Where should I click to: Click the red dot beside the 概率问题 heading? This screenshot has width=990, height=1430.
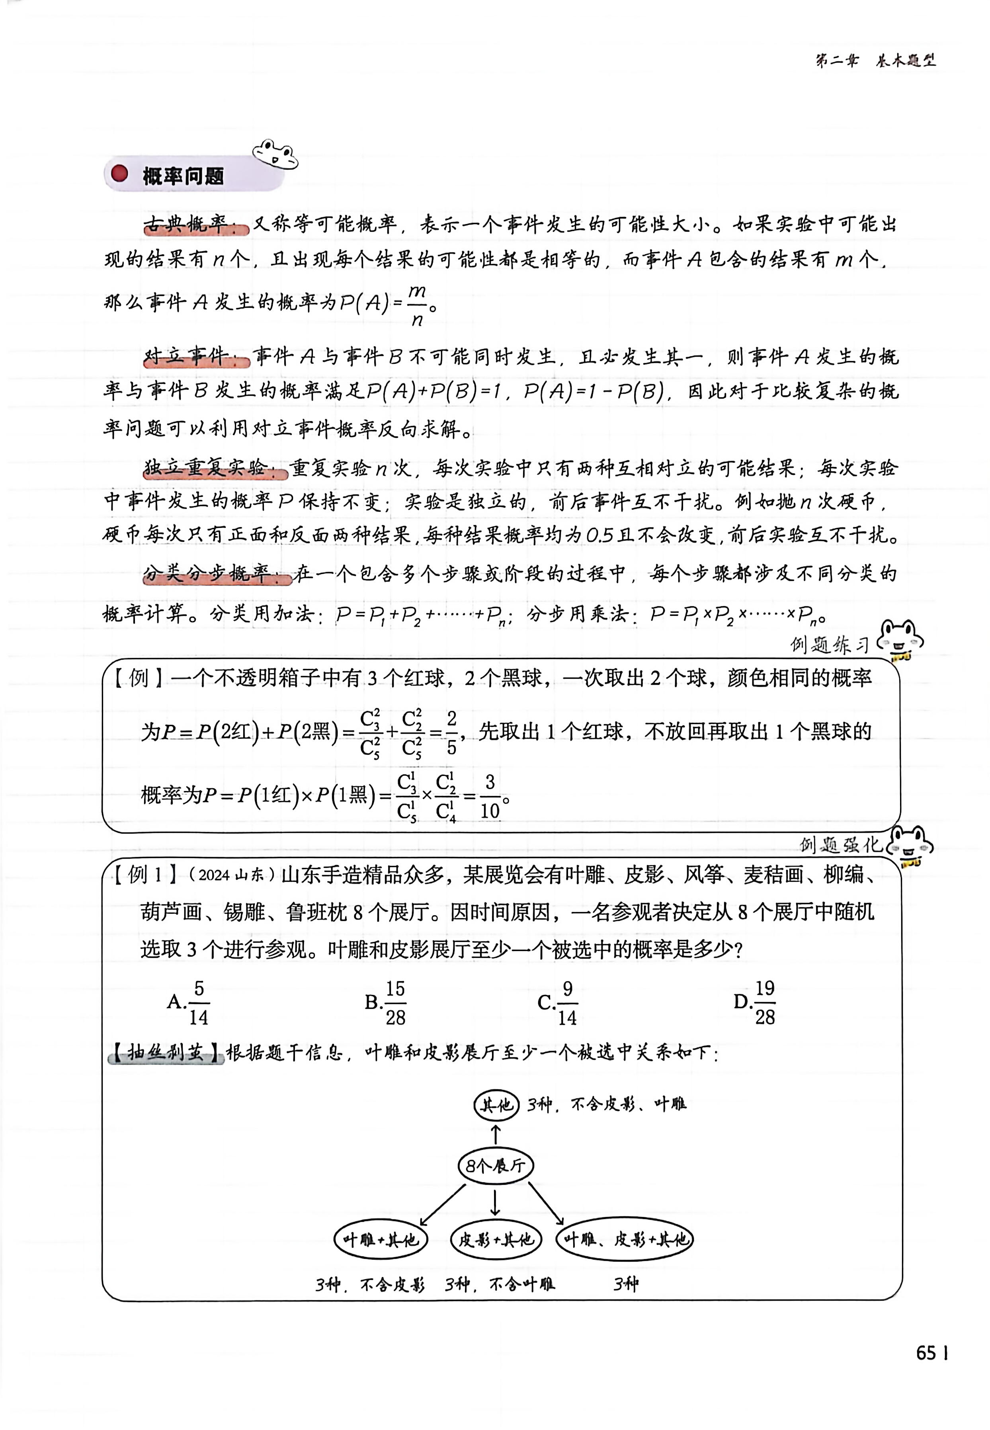pyautogui.click(x=119, y=174)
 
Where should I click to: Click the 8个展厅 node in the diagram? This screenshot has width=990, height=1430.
pyautogui.click(x=495, y=1166)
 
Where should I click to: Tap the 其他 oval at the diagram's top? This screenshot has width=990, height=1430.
pyautogui.click(x=496, y=1104)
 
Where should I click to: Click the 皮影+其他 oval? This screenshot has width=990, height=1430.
pyautogui.click(x=496, y=1240)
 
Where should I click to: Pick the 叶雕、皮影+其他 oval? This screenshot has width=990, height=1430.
pyautogui.click(x=625, y=1240)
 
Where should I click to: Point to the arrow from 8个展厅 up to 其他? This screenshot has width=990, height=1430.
pyautogui.click(x=496, y=1135)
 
